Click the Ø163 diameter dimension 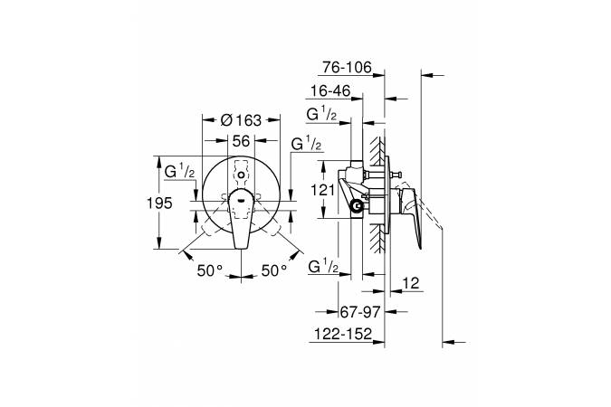[241, 120]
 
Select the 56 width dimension [241, 141]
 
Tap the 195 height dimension [159, 203]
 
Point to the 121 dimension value [322, 191]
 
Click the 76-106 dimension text [348, 67]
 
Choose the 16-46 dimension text [330, 91]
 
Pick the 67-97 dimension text [360, 312]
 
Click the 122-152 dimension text [343, 334]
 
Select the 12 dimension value [411, 283]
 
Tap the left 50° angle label [210, 270]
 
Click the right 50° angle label [274, 270]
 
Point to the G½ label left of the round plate [179, 172]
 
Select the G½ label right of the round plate [306, 144]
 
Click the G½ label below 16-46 [322, 115]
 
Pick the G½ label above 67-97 [323, 267]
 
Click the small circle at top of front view [241, 175]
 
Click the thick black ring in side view [356, 205]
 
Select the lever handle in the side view [412, 216]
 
